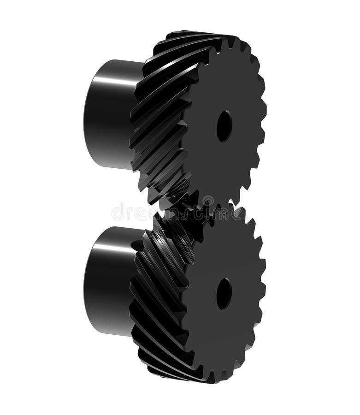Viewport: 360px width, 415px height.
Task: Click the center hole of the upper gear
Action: pos(224,126)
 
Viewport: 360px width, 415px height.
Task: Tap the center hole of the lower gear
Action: pos(224,293)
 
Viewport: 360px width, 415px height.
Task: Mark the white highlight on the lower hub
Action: pos(115,249)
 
